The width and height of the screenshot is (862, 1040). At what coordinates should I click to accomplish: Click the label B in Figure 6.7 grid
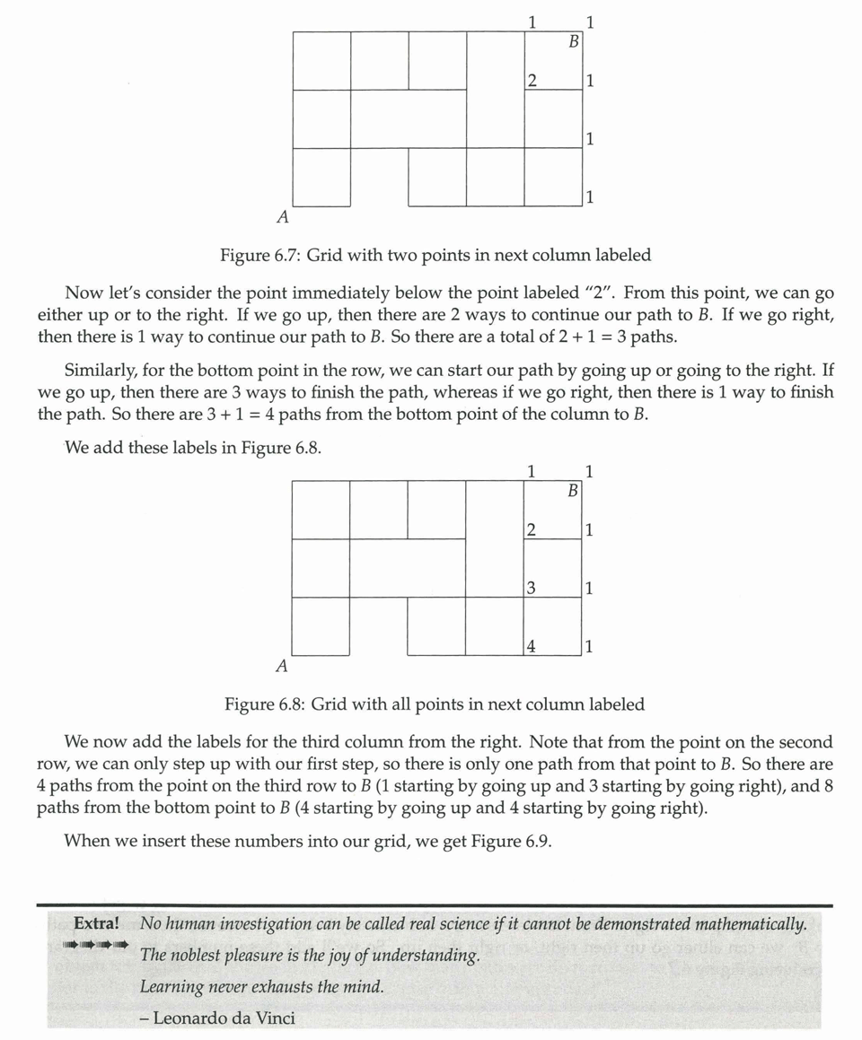pos(572,41)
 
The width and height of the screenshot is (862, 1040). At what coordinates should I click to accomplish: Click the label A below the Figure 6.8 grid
pos(282,666)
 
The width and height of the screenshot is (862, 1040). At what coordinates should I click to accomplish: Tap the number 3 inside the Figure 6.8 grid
pos(531,589)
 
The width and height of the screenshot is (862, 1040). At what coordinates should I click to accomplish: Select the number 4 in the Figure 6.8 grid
pos(531,646)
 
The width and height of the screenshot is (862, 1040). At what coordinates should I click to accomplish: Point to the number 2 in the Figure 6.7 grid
pos(531,81)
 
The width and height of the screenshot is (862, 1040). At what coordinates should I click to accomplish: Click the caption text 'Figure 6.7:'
pos(259,255)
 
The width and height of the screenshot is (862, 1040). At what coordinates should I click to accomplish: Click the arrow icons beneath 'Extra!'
pos(95,945)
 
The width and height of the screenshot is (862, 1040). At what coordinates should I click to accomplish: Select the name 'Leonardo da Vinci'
pos(223,1018)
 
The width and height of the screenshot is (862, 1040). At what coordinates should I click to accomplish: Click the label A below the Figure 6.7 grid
pos(282,216)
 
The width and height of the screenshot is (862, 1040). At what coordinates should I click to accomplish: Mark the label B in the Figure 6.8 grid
pos(572,491)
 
